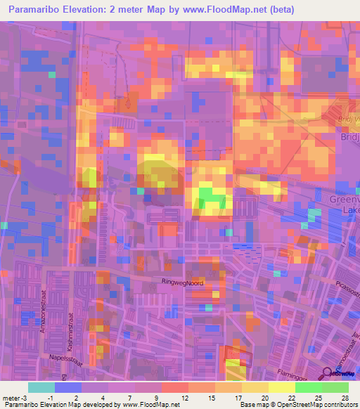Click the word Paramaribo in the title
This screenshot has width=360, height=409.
[36, 9]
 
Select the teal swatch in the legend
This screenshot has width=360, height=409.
[41, 387]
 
